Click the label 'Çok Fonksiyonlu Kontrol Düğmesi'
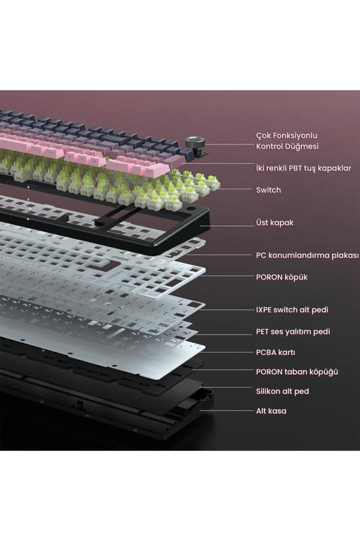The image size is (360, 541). [x=287, y=141]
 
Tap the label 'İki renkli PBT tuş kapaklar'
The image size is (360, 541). [x=304, y=168]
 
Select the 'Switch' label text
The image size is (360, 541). [x=268, y=190]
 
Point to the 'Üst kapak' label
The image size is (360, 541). [x=274, y=223]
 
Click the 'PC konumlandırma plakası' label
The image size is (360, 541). [x=307, y=255]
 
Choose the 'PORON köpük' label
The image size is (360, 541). [x=282, y=277]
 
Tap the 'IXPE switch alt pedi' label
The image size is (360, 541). [x=292, y=310]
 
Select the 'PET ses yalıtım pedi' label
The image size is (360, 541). [x=293, y=331]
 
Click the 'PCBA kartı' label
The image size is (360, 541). [x=275, y=352]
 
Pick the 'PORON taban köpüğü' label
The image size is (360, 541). [x=297, y=372]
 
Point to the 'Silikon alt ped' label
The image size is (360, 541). [x=283, y=391]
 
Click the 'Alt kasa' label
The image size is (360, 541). [x=271, y=411]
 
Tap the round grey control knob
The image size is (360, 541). [x=195, y=142]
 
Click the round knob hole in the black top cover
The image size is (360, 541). [x=190, y=210]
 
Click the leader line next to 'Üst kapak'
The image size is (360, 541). [x=227, y=226]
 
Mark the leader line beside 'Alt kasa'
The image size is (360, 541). [x=227, y=411]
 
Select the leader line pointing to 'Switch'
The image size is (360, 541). [x=235, y=189]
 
